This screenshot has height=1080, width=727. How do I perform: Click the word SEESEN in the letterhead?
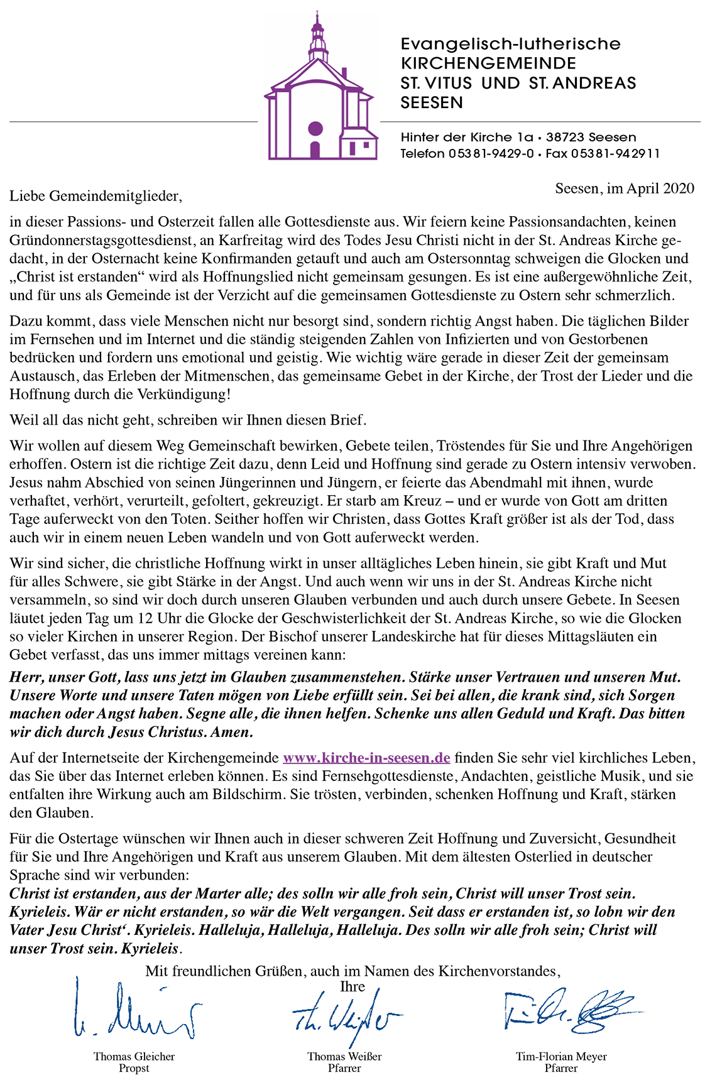432,102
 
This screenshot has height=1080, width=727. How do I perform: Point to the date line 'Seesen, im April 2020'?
625,188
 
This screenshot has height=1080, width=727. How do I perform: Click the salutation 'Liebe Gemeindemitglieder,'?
96,196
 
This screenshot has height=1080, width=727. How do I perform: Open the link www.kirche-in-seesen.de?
366,758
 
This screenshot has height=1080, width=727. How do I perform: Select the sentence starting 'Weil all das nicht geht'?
187,420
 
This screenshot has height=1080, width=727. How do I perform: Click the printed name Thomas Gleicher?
134,1056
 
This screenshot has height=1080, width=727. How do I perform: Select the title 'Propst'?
134,1068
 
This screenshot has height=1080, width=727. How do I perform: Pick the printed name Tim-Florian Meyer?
561,1056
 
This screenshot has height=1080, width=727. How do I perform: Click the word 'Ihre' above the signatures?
353,986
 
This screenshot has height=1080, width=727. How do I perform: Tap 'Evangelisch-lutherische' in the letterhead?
510,44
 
